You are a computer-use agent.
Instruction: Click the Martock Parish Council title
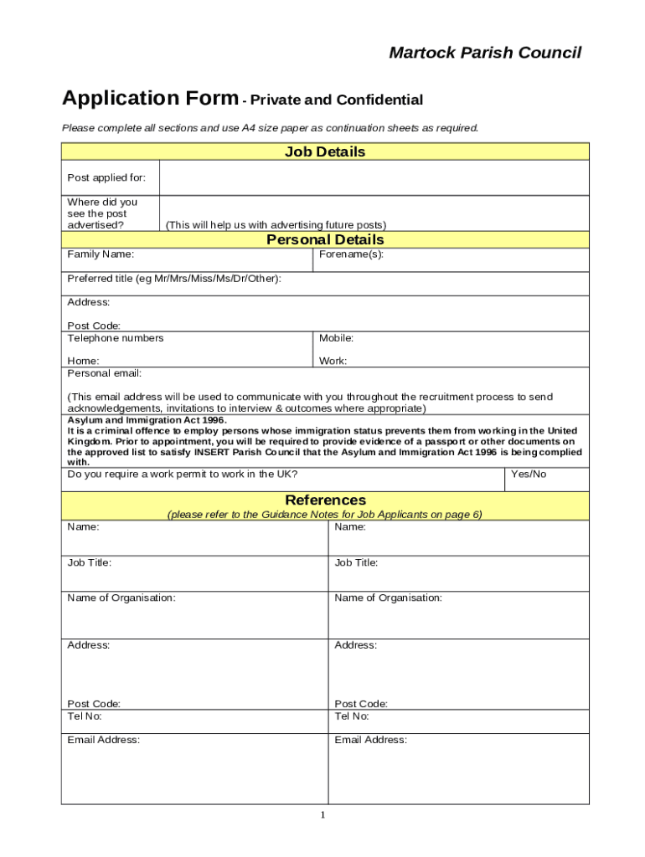485,54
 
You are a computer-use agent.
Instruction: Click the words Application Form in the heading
150,99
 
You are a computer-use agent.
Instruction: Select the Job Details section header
325,152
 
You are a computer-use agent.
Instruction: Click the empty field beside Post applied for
374,177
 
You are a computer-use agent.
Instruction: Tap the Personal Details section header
325,240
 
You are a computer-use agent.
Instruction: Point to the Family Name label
101,254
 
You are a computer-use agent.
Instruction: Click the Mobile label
336,338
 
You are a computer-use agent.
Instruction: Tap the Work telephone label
333,362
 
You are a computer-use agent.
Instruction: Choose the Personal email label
105,373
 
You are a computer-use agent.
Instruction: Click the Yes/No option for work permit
529,474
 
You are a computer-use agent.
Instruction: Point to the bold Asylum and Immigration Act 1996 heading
147,420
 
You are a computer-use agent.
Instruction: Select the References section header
325,500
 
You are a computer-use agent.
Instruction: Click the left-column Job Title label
90,563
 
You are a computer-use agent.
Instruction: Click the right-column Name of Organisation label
388,598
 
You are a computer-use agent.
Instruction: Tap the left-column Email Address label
104,740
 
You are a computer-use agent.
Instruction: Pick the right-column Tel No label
352,716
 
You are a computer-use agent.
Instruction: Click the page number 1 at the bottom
322,816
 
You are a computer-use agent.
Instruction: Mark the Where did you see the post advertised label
102,213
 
